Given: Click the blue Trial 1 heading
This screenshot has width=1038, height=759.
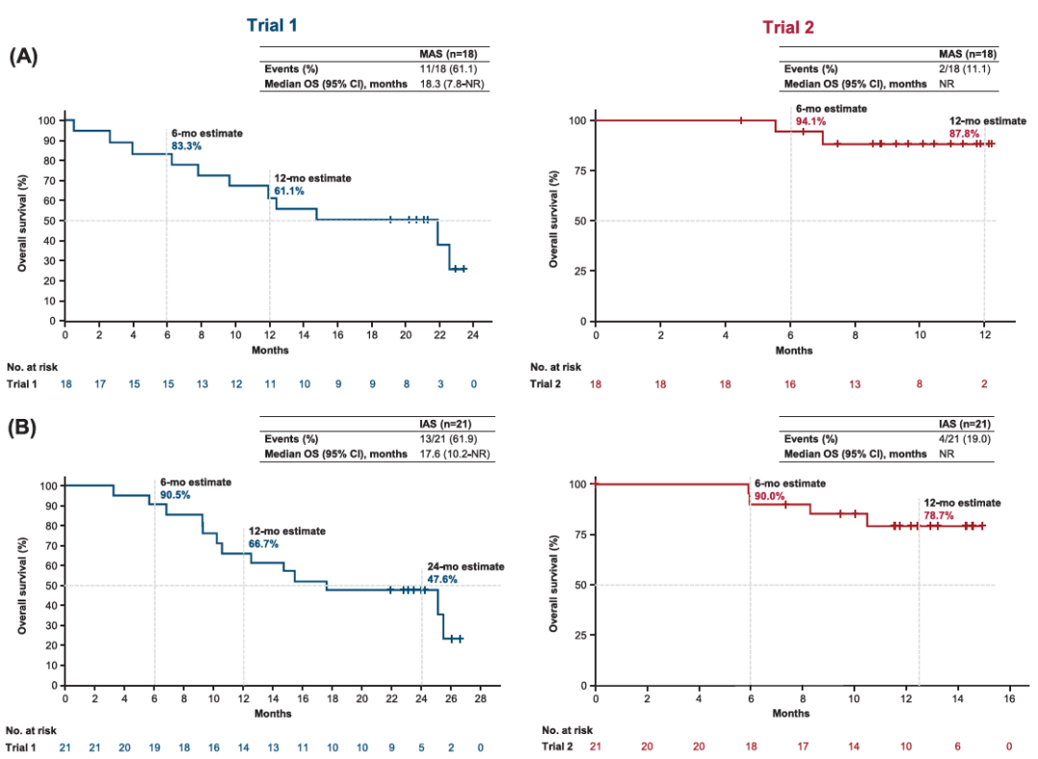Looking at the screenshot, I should [271, 25].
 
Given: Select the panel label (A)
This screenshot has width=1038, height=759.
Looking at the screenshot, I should [23, 56].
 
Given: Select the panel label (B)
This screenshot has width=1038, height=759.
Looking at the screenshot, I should [23, 424].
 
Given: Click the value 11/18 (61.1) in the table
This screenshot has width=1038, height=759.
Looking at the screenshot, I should [455, 68].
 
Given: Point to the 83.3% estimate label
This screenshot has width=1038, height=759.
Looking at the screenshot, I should [185, 146].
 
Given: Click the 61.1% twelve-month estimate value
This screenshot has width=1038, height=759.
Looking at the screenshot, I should [289, 191].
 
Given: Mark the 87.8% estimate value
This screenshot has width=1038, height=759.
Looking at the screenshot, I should [962, 135].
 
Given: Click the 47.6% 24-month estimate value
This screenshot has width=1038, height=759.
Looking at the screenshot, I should [443, 579].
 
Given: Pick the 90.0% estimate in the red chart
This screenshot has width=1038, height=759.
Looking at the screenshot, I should [768, 496].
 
